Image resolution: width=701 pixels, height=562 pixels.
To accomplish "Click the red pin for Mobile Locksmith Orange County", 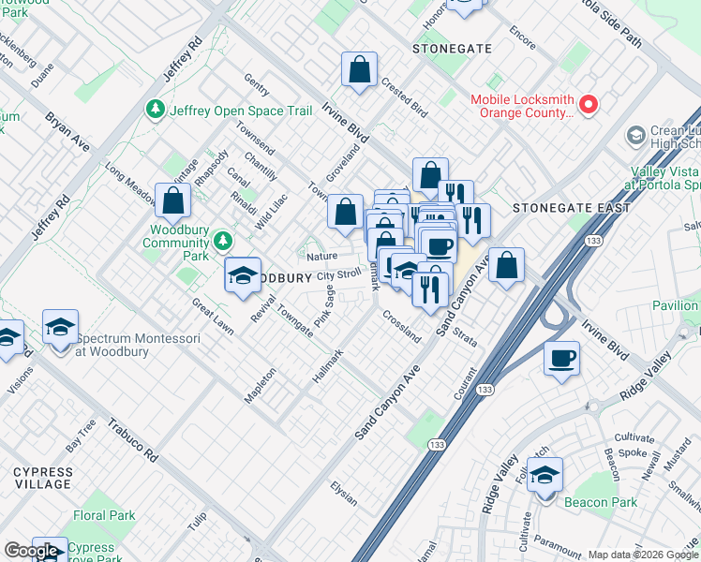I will point(589,105).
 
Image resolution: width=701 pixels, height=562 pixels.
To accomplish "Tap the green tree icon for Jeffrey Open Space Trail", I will point(156,111).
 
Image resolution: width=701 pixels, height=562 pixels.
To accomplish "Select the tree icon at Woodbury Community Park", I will point(223,242).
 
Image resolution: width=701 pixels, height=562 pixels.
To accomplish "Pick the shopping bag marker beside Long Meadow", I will point(173,200).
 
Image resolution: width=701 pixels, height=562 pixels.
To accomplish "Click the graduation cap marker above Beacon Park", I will point(544,475).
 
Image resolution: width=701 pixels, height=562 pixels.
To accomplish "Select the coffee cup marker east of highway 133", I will point(562,358).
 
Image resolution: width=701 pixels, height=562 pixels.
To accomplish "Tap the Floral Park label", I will point(104,515).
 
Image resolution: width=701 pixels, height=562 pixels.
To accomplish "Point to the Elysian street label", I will point(343,494).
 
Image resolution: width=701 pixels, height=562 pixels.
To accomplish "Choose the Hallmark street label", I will point(328,366).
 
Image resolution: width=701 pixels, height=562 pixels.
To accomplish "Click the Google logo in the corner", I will point(31,551).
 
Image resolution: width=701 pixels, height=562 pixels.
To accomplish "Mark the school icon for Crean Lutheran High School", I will point(635,137).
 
